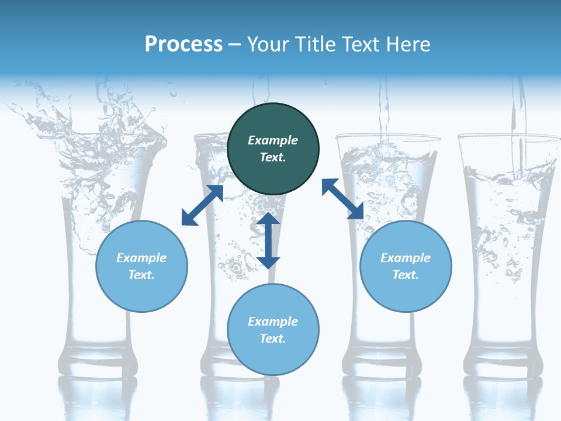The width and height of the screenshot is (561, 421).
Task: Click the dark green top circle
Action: [x=273, y=149]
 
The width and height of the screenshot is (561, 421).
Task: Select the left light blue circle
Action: [x=141, y=266]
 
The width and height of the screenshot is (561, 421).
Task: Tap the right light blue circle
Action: [x=406, y=266]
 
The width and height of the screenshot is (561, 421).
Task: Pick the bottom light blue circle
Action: [x=273, y=330]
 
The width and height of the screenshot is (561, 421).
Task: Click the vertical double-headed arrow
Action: [x=268, y=240]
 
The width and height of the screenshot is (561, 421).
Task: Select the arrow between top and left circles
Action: [x=202, y=205]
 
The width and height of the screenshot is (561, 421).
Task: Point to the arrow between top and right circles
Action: [x=342, y=199]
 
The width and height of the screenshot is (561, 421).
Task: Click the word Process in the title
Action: [x=183, y=44]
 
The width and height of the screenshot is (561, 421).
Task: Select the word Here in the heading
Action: [x=408, y=44]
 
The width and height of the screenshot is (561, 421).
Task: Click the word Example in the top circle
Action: [x=273, y=140]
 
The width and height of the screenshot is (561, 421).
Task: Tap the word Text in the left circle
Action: [x=141, y=275]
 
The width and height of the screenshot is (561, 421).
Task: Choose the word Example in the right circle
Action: [x=406, y=258]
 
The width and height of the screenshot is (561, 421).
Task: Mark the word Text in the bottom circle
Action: [x=273, y=339]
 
